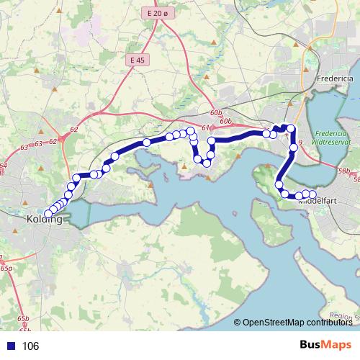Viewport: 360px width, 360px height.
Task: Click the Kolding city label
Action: [42, 218]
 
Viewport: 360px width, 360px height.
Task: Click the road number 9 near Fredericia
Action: [299, 143]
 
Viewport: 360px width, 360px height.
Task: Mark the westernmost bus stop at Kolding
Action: [48, 214]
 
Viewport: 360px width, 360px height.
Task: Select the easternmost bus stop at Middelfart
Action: [312, 194]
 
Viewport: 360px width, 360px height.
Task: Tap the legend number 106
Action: [30, 346]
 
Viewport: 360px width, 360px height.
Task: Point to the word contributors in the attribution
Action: [332, 322]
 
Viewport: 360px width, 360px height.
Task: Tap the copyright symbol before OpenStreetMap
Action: [238, 322]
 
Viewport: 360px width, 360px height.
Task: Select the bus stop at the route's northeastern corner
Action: [291, 129]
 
